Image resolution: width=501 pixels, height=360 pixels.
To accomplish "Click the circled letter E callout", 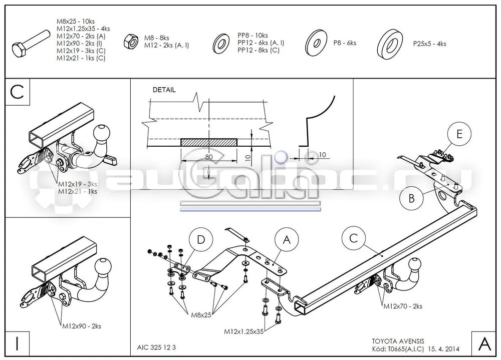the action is click(x=459, y=134).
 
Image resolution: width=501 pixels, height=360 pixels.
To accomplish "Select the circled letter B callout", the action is click(x=411, y=198).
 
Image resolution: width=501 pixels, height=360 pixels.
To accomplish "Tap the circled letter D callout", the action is click(x=201, y=239).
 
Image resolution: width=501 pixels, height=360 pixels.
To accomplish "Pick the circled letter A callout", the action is click(x=287, y=239).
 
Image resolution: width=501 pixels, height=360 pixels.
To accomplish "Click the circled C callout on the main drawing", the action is click(x=353, y=238).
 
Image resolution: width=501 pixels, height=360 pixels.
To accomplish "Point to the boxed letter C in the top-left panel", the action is click(x=17, y=92).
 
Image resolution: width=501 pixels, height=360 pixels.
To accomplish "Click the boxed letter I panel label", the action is click(x=17, y=343).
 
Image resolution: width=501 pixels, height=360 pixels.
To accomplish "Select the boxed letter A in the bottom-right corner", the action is click(x=484, y=343).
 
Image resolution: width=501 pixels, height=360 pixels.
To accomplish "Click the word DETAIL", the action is click(x=164, y=90).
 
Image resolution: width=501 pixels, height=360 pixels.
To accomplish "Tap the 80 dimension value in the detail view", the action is click(x=208, y=157).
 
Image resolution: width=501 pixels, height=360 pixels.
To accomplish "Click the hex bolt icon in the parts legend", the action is click(x=31, y=44).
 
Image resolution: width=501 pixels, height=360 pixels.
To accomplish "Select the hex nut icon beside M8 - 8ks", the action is click(x=131, y=41).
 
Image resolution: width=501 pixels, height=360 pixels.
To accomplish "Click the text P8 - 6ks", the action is click(x=345, y=43).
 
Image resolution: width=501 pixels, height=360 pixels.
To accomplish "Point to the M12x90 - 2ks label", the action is click(x=82, y=326).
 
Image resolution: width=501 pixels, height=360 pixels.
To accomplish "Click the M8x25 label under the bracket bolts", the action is click(x=201, y=315).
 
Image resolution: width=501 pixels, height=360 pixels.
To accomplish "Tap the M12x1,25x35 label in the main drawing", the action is click(x=244, y=331).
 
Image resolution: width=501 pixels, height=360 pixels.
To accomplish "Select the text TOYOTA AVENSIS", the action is click(x=398, y=341).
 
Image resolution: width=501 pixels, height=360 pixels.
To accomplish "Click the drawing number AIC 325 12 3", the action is click(x=156, y=347).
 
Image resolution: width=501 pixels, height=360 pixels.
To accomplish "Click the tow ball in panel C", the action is click(x=102, y=132).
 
